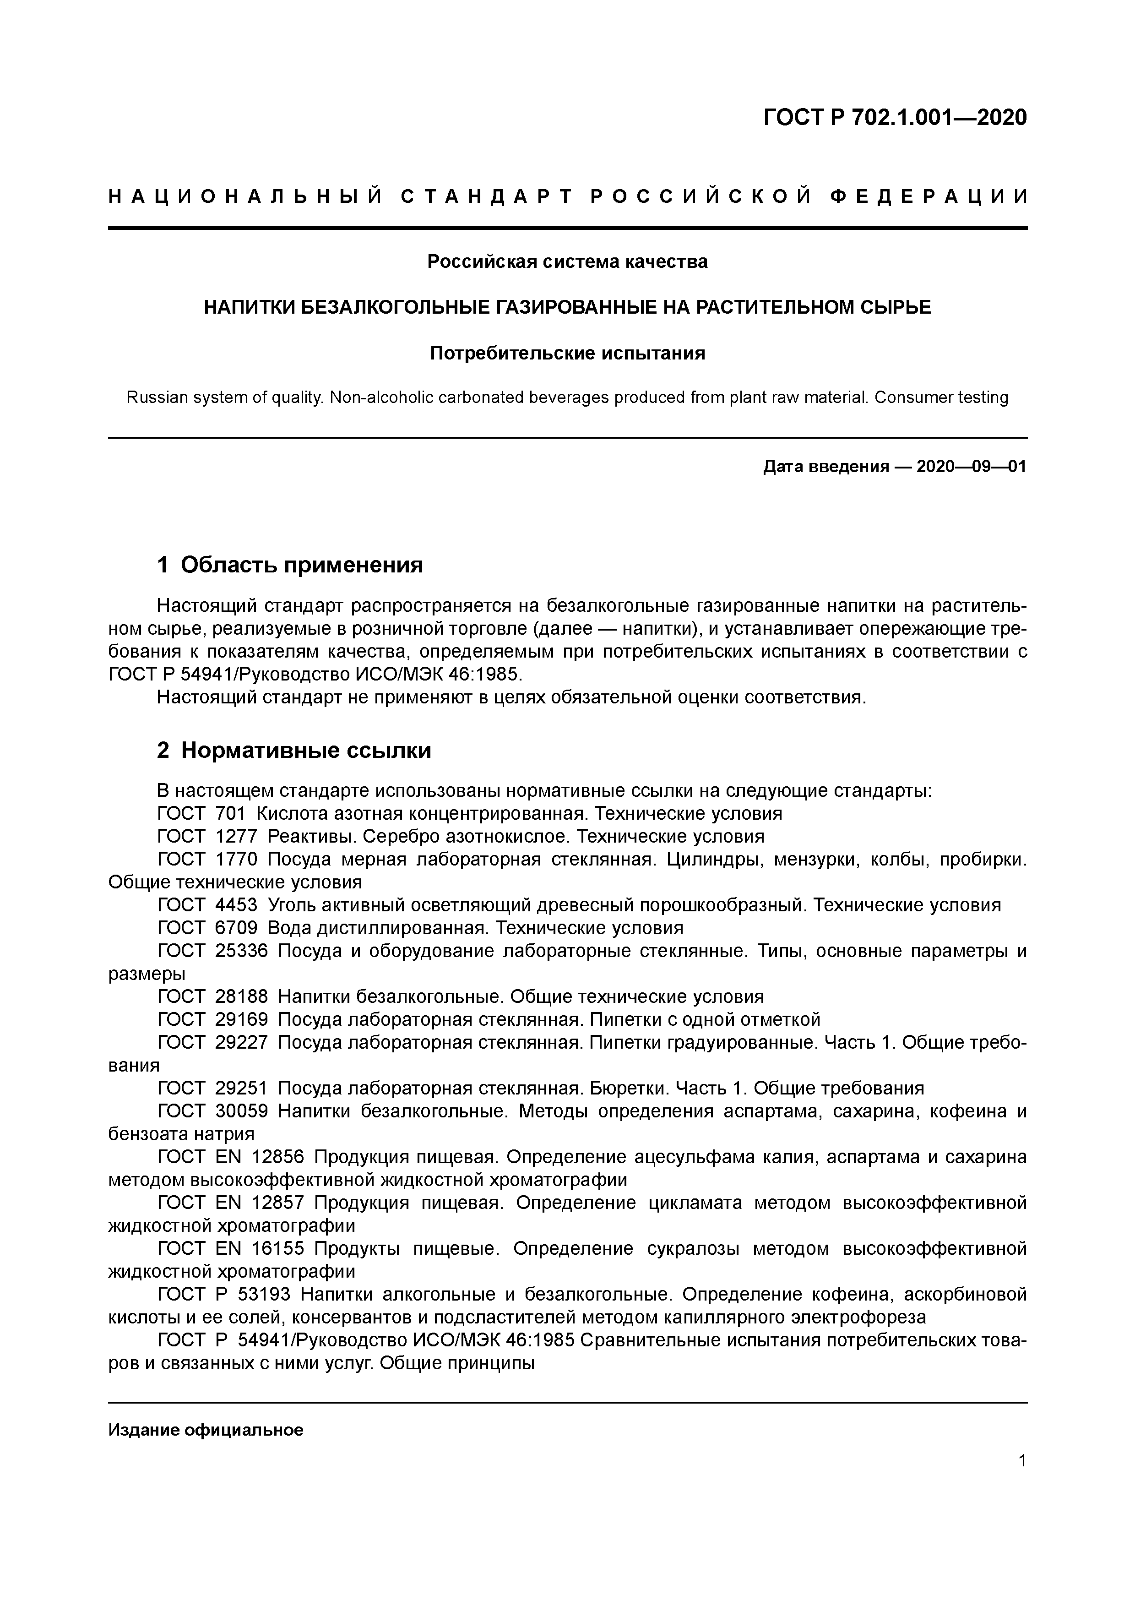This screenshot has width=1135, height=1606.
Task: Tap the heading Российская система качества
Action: [567, 261]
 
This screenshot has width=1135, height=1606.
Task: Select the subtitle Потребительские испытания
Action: [567, 353]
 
